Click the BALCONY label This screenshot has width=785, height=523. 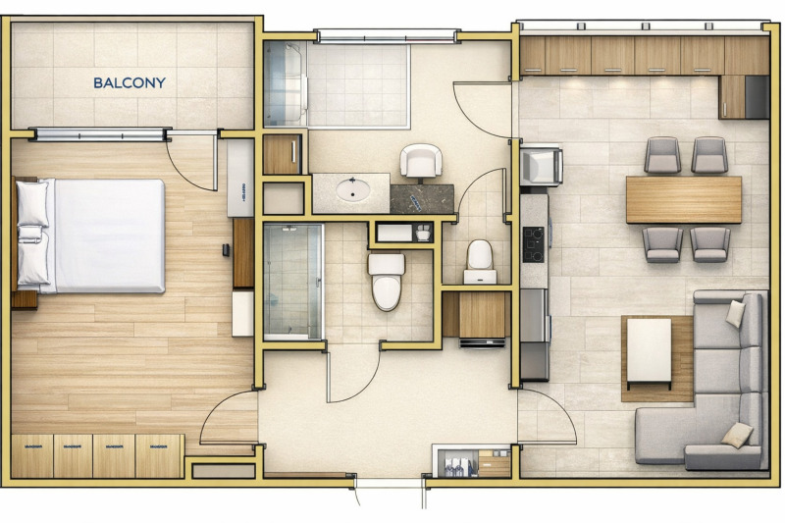(130, 83)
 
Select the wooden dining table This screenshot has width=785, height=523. (684, 199)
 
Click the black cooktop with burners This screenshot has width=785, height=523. (534, 244)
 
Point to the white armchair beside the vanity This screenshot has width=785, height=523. (421, 160)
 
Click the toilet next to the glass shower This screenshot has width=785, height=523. (387, 279)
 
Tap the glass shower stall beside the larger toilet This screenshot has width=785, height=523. (293, 281)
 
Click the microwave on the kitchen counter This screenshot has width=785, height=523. (541, 164)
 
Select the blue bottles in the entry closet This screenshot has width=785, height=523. (454, 468)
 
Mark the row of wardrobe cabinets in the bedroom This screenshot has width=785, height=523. (97, 455)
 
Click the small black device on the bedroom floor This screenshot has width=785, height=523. (226, 250)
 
